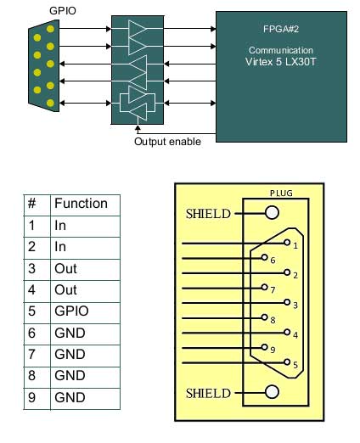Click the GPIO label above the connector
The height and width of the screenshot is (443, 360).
coord(63,11)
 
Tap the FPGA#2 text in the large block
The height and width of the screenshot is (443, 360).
coord(281,29)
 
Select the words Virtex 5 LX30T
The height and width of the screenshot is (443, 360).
coord(280,62)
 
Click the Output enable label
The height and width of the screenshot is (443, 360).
coord(167,142)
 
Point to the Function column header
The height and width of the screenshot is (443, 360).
coord(81,204)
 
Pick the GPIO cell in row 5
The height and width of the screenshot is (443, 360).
coord(71,311)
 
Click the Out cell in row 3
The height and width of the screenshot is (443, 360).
coord(65,268)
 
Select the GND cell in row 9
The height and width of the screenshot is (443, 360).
coord(70,397)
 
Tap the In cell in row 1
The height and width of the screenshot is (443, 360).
coord(60,226)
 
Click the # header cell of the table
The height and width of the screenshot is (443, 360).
coord(32,203)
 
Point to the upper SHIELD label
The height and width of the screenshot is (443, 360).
coord(208,214)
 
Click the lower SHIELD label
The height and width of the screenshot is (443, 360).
coord(208,394)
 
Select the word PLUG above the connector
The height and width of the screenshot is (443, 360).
coord(281,193)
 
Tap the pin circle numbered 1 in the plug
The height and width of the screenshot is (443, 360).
coord(287,243)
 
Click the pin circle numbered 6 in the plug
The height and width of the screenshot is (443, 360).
coord(265,257)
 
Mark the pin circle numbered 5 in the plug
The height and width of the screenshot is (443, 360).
coord(287,362)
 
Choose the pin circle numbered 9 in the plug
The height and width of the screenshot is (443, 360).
coord(265,347)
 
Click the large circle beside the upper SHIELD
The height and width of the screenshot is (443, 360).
coord(272,213)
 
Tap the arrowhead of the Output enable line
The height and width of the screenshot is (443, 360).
coord(138,128)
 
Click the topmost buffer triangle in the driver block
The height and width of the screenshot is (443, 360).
coord(137,29)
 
